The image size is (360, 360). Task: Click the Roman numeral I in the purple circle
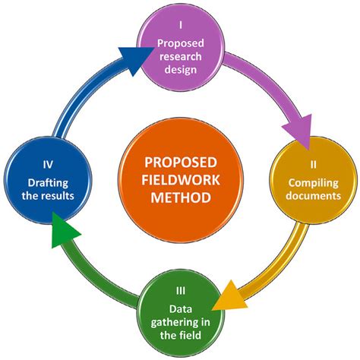181,25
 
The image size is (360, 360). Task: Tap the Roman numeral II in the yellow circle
313,165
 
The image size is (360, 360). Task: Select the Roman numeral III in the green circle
181,291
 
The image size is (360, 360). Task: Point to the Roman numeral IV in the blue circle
48,165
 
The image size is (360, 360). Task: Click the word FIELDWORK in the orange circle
181,180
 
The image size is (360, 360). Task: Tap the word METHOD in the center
181,197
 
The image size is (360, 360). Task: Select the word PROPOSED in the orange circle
181,163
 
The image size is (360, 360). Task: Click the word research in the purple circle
181,56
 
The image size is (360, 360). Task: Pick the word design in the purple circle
181,70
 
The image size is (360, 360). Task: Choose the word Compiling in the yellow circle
313,183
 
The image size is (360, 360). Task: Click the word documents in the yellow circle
313,196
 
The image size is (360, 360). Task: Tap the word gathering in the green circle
174,323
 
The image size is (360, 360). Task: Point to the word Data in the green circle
181,309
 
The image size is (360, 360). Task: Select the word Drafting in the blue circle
48,183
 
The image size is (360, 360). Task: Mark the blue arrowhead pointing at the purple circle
134,58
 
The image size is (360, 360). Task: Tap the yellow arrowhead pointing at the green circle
230,297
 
